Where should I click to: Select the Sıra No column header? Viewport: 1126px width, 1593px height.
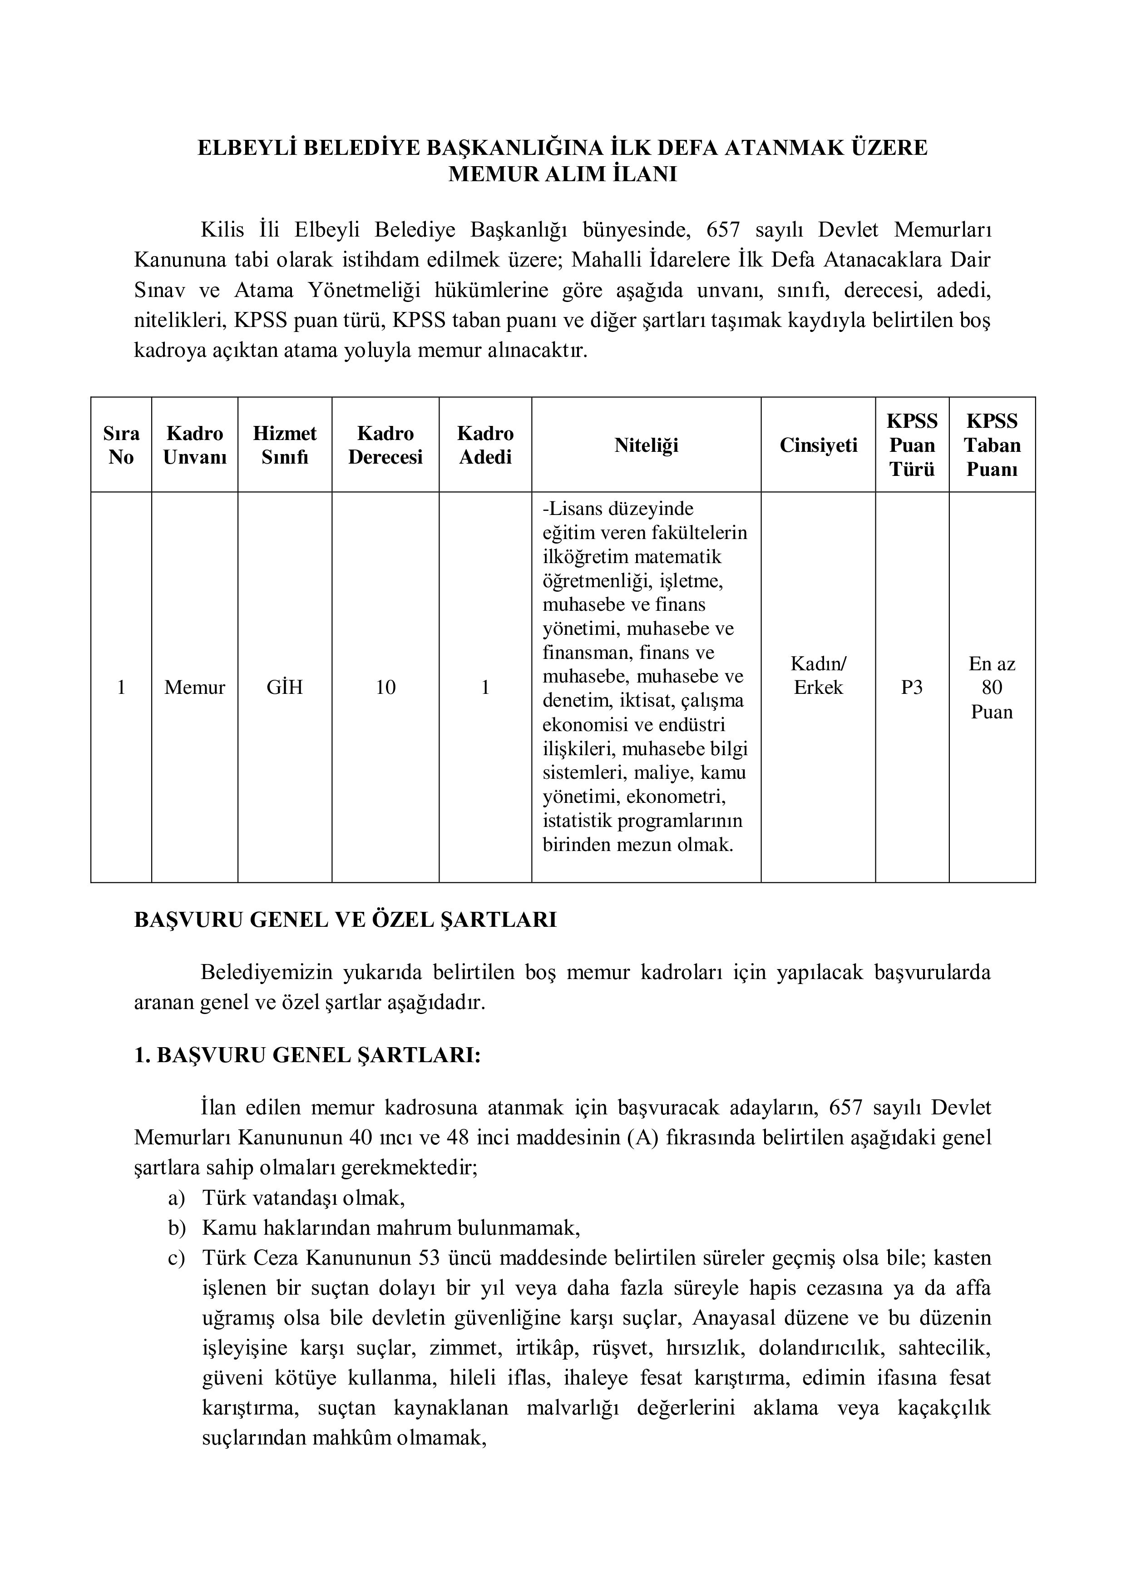[121, 445]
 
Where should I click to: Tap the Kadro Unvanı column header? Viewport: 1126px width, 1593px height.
[194, 445]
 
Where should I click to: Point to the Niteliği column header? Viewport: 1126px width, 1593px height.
[646, 445]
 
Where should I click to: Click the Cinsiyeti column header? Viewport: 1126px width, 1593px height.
[818, 445]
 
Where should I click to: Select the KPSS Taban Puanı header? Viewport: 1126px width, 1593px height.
[992, 445]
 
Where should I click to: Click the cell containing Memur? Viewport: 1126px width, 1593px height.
[194, 688]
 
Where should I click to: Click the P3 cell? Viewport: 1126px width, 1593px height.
[912, 688]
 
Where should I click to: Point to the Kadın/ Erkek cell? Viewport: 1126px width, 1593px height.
[818, 676]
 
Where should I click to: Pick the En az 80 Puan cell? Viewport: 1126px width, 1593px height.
[992, 688]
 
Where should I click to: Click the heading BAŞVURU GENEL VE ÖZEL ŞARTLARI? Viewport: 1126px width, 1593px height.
[345, 920]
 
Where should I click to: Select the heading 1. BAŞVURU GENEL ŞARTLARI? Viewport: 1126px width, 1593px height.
[306, 1055]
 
